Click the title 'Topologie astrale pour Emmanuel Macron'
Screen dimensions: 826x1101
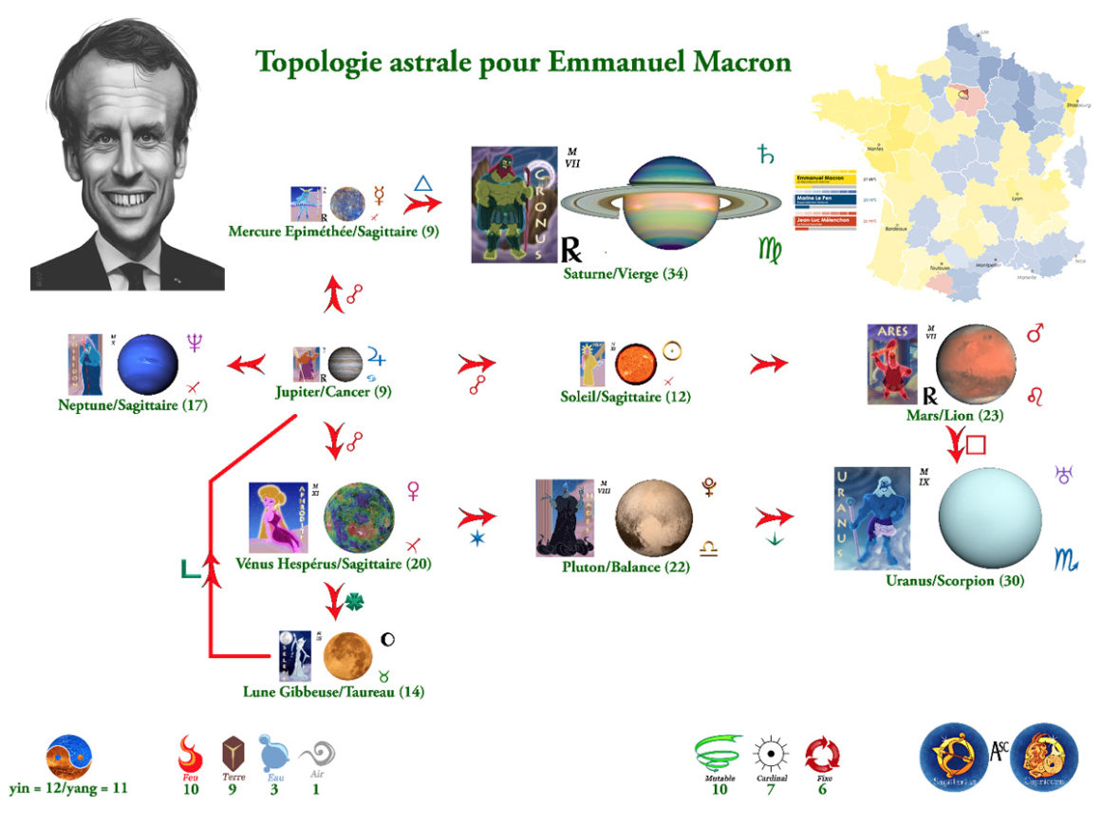[523, 63]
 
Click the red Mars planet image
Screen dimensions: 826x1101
[976, 365]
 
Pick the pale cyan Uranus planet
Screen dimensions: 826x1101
[989, 516]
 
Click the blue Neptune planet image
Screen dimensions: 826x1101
[148, 363]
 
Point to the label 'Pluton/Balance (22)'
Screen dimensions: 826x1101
[625, 567]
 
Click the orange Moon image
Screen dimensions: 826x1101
[347, 655]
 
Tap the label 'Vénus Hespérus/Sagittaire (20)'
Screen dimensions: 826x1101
[333, 564]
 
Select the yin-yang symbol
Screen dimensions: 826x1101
[69, 758]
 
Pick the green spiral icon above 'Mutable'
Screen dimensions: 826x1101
[718, 756]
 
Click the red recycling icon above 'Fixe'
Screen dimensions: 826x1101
[822, 757]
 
